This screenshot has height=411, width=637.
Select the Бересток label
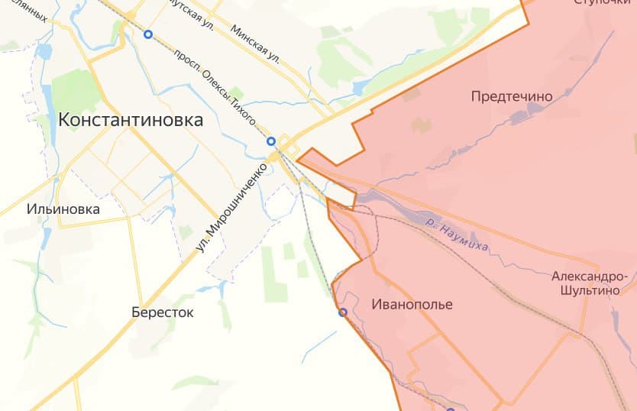tap(162, 312)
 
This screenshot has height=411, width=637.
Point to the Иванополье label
tap(412, 304)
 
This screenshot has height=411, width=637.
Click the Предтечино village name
tap(511, 96)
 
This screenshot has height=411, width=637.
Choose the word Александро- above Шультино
tap(593, 276)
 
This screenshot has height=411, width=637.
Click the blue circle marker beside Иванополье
tap(343, 312)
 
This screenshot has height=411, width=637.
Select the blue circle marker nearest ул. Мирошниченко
tap(270, 141)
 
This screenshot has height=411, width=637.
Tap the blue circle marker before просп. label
tap(148, 34)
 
